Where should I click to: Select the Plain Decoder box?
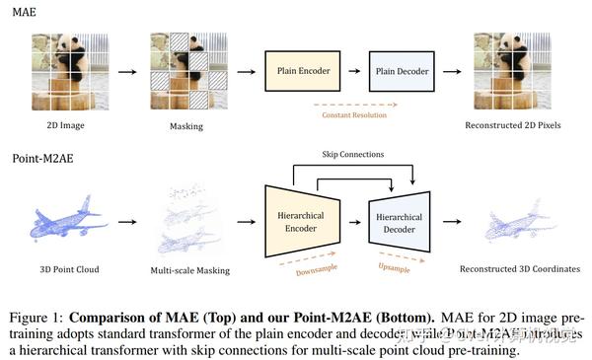[402, 72]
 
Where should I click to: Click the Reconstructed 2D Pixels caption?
[513, 125]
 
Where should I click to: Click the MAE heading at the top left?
[25, 12]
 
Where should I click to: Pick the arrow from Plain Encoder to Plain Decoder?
[351, 71]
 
